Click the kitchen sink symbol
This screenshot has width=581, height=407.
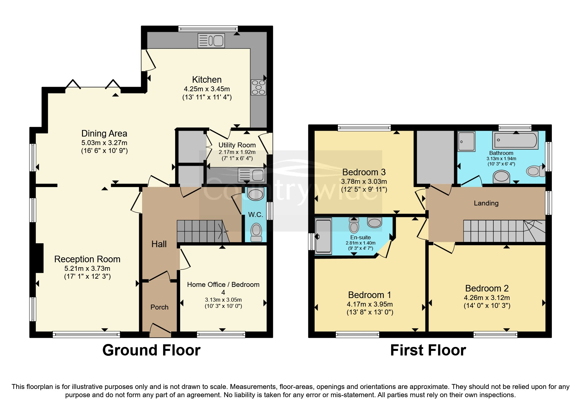211,41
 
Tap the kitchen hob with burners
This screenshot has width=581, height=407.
258,87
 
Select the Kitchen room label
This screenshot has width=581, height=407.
207,80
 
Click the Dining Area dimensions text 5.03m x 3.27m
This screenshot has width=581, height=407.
104,143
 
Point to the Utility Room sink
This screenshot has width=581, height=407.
251,175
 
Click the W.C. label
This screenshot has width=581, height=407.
256,215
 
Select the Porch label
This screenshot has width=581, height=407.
159,307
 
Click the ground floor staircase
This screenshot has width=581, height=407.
200,231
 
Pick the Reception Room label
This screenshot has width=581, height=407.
87,259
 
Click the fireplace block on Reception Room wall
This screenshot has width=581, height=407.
39,258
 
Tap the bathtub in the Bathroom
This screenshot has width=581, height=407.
515,140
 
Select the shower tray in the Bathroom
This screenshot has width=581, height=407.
467,141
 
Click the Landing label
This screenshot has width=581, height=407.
486,203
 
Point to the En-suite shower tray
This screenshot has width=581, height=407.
323,236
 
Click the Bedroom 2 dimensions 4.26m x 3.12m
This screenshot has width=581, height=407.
487,298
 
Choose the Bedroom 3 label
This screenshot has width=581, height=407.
364,172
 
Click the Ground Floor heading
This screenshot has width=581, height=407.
151,350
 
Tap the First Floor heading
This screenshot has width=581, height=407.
428,350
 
